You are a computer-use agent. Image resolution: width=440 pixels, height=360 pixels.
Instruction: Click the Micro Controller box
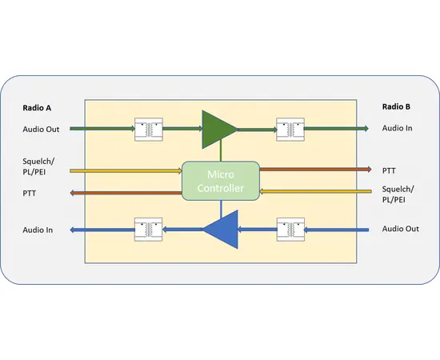point(221,181)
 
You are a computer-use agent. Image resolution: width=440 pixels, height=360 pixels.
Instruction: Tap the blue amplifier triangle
point(222,230)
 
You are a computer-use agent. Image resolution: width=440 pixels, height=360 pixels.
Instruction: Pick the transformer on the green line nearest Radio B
point(290,128)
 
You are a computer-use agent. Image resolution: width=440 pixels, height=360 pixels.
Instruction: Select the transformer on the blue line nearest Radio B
point(290,230)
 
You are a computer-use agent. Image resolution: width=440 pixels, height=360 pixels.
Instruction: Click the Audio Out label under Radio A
point(42,128)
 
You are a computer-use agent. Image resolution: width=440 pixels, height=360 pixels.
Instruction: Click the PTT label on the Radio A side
point(30,193)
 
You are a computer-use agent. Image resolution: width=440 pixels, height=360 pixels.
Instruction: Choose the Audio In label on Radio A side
point(38,230)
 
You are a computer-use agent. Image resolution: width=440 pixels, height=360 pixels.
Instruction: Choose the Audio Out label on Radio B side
point(400,230)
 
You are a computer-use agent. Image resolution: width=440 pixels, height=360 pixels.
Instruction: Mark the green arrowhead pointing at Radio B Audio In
point(364,128)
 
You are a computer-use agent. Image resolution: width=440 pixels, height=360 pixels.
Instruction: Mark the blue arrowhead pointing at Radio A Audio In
point(74,230)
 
